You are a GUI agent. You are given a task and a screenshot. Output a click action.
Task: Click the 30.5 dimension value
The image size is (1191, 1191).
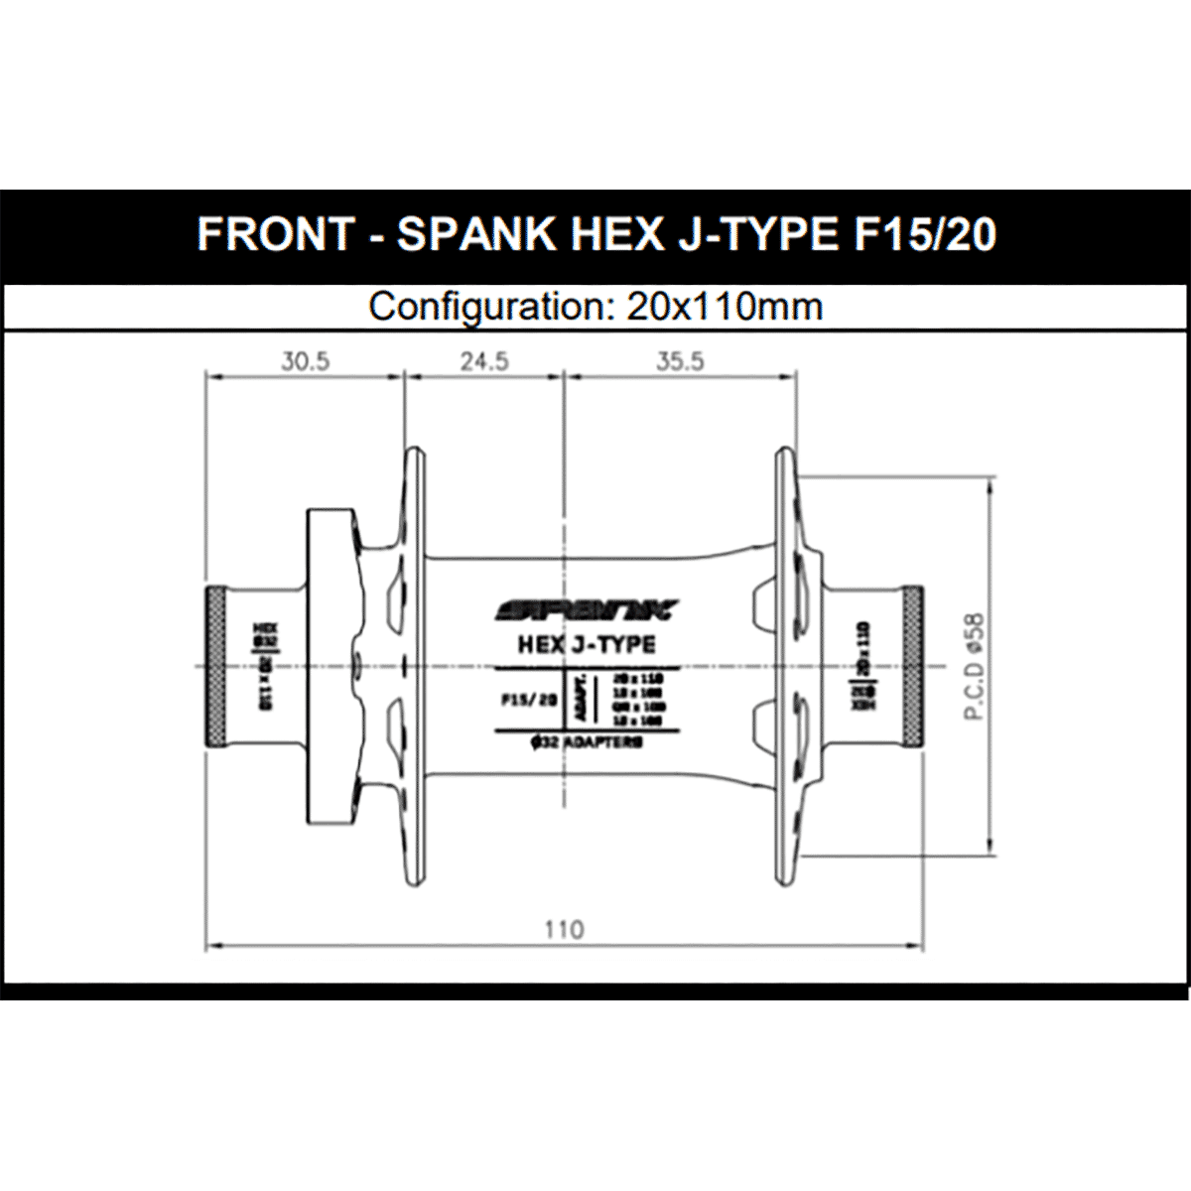coord(304,361)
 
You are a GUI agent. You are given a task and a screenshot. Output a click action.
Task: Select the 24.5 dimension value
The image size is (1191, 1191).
coord(484,361)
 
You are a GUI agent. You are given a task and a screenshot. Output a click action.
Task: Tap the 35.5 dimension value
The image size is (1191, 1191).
coord(680,361)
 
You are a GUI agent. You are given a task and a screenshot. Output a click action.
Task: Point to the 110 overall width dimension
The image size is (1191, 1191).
coord(564,930)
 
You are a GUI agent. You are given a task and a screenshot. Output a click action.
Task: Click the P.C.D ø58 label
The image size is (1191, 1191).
coord(975,666)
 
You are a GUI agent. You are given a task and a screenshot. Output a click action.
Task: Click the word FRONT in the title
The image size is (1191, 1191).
coord(275,234)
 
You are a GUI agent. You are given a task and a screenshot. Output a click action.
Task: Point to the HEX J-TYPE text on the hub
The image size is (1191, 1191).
coord(587,645)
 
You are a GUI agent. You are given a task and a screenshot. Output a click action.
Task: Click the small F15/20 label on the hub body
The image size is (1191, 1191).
coord(528,699)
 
